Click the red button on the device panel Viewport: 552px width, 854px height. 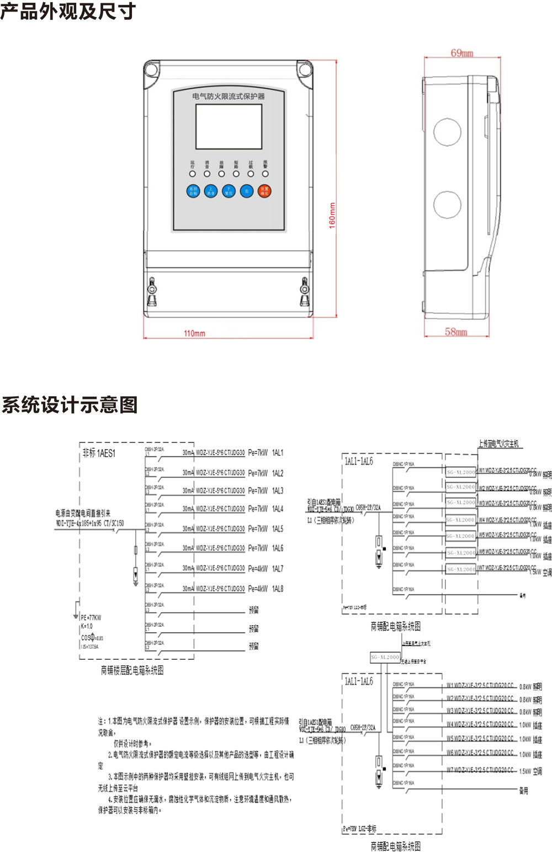264,191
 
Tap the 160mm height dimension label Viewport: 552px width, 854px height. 332,216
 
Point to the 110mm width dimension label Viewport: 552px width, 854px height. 194,333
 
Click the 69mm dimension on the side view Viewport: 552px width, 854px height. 462,53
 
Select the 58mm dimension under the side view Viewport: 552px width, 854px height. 456,332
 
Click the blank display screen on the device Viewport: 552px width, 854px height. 229,127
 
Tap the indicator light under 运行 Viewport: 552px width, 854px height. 193,174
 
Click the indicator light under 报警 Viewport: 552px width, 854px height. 265,174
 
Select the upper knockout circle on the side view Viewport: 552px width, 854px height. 447,132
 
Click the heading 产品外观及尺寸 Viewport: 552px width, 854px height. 68,11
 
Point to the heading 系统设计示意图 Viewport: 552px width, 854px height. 70,404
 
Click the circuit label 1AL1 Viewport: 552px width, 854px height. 278,452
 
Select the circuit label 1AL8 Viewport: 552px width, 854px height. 278,589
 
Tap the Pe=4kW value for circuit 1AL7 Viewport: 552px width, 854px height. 258,568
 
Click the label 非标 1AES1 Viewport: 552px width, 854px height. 99,453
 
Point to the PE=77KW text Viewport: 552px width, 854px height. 91,617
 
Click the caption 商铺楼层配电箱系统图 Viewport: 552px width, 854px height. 132,670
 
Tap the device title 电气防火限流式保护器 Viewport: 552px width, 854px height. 229,96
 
